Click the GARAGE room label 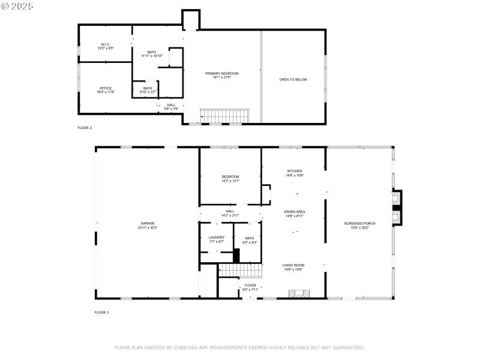148,223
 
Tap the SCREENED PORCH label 360,223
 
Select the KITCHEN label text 294,171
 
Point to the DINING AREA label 294,211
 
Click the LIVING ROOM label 294,265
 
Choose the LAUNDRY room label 217,238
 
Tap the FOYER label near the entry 250,285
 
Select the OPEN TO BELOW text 293,79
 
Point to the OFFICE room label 106,88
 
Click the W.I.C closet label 105,44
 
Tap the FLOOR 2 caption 85,128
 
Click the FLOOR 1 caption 101,312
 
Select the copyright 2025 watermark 17,5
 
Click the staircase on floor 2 223,115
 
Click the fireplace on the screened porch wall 395,208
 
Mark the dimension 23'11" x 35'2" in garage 148,227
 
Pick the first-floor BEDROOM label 230,176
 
